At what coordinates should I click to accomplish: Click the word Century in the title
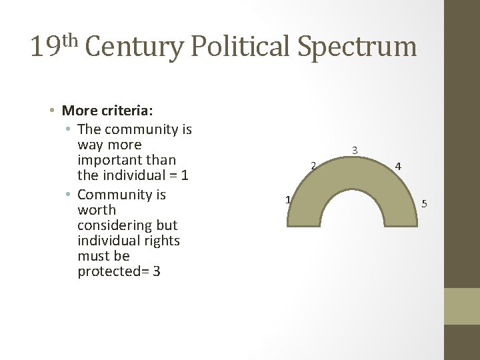135,47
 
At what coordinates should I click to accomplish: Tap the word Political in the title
241,47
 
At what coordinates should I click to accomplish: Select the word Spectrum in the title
357,47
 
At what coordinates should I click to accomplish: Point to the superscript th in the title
70,39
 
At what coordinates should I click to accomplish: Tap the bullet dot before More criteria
52,111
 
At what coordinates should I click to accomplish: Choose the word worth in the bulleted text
97,210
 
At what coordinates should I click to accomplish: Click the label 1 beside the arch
287,199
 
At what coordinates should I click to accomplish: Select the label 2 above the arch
312,165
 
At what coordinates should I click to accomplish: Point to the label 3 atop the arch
355,151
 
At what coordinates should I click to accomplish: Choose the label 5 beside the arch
424,203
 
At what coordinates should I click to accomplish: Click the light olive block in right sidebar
462,306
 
